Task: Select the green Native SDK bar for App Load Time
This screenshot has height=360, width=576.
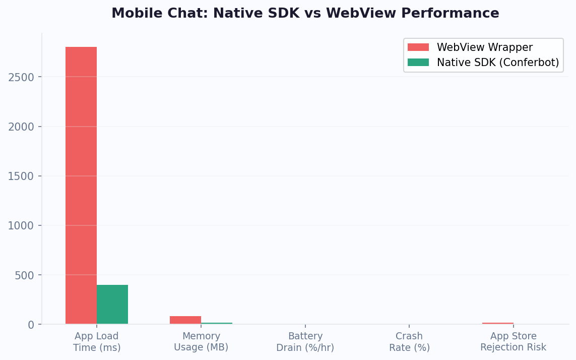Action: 112,305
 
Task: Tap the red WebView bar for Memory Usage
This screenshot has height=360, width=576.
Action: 185,320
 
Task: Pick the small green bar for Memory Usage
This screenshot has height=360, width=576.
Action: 217,323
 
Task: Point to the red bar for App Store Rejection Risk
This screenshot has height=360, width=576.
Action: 497,323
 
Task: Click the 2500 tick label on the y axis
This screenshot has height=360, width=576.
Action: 21,77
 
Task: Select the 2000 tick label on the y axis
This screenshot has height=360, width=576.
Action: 21,127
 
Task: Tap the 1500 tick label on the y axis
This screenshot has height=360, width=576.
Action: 21,176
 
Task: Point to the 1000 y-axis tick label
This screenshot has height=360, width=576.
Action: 21,225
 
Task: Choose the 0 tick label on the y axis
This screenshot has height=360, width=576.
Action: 31,325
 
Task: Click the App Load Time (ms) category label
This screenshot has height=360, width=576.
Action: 97,342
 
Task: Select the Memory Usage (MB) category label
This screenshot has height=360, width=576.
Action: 201,342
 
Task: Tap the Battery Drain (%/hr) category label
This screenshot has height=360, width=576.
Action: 305,342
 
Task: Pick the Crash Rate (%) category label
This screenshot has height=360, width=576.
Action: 409,342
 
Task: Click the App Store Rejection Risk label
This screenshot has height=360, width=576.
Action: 513,342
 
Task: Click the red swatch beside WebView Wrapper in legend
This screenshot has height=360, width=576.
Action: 418,47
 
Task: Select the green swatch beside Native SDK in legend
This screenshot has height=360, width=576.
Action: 418,63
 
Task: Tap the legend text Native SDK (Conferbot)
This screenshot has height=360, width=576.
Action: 497,63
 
